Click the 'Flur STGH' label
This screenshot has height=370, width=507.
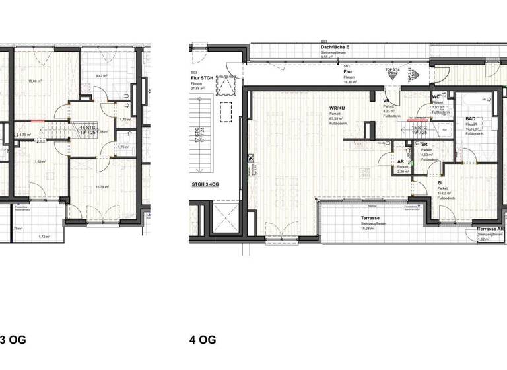(x=199, y=79)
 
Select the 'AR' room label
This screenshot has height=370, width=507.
(x=400, y=161)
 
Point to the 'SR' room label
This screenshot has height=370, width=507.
(x=424, y=143)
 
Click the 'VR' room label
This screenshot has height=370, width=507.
(x=388, y=101)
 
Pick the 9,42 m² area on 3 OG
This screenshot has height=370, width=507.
(x=101, y=76)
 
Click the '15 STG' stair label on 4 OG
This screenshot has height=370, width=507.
(x=417, y=127)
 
